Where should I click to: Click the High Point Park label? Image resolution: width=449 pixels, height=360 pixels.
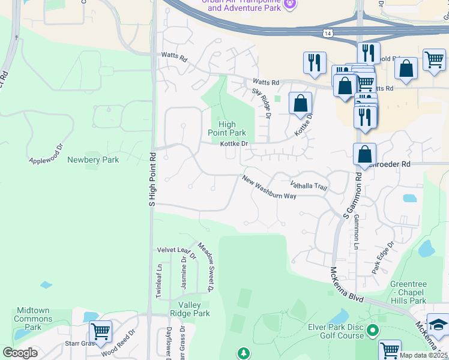pyautogui.click(x=227, y=128)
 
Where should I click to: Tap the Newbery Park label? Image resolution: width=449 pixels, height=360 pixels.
pyautogui.click(x=93, y=160)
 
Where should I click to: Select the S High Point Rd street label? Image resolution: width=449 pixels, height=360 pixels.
pyautogui.click(x=152, y=179)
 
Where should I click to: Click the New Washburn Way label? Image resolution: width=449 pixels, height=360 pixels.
pyautogui.click(x=270, y=188)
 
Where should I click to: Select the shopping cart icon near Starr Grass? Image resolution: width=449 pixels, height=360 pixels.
pyautogui.click(x=100, y=331)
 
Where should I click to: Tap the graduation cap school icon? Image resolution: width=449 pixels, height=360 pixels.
pyautogui.click(x=439, y=325)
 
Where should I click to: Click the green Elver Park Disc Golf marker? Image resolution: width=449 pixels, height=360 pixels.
pyautogui.click(x=373, y=329)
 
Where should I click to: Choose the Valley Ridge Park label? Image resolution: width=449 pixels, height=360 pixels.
pyautogui.click(x=189, y=309)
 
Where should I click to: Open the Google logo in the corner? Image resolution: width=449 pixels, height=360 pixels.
pyautogui.click(x=20, y=353)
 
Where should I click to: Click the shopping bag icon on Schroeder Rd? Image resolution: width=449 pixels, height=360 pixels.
pyautogui.click(x=364, y=154)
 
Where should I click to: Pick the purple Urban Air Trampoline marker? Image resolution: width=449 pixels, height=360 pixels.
pyautogui.click(x=291, y=5)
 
